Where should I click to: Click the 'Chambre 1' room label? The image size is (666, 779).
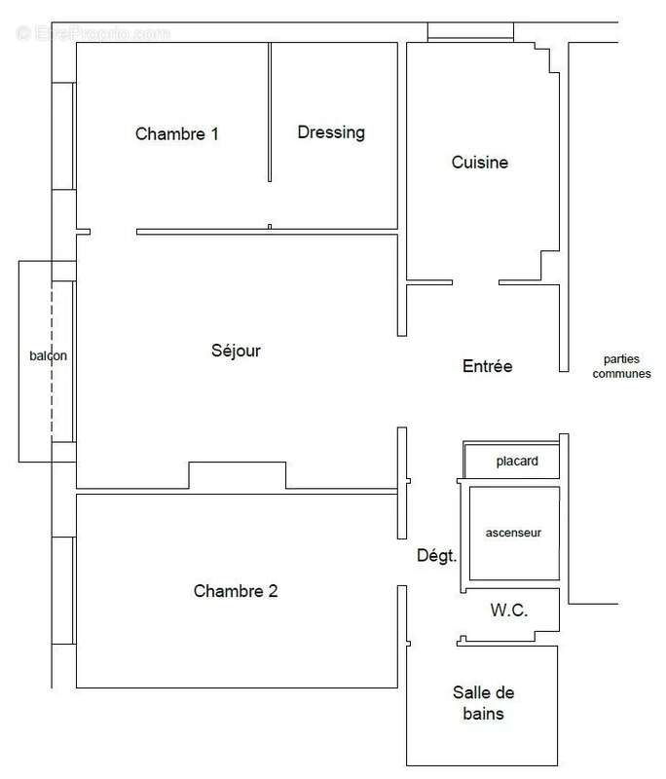pos(176,134)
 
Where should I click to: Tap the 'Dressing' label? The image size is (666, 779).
pos(331,132)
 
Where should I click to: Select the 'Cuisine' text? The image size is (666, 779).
pos(479,163)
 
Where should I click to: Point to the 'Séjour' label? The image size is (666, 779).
pos(236,351)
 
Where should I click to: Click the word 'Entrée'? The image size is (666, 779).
pos(487,367)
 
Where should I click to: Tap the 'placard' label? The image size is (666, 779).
pos(516,461)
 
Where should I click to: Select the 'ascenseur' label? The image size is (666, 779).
pos(513,533)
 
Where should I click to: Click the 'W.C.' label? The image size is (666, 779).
pos(508,611)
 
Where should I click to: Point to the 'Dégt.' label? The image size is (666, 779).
pos(437,555)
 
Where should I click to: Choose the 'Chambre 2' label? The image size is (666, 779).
pos(236,591)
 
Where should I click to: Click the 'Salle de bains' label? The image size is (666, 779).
pos(484,703)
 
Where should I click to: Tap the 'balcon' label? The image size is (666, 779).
pos(47,355)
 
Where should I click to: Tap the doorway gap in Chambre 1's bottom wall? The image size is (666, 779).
pos(113,232)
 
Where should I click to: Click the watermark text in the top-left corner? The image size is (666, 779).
pos(93,32)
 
